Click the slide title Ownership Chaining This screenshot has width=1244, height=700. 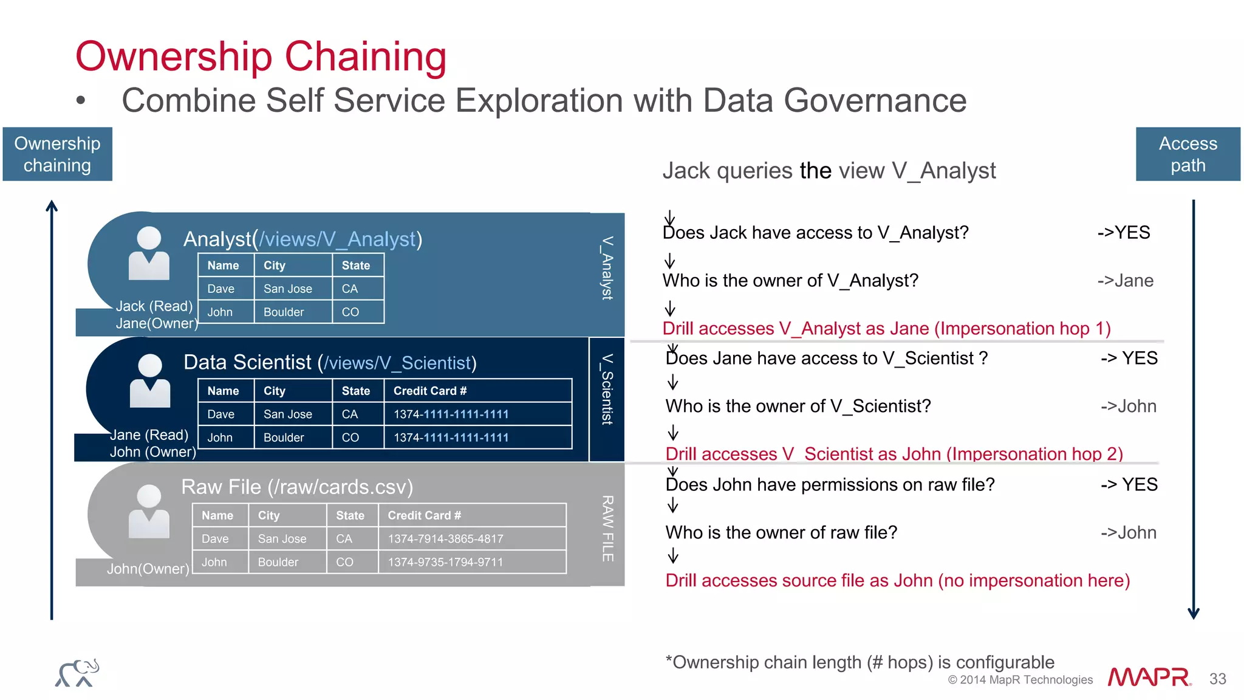point(261,57)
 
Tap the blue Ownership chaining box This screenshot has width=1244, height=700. point(57,154)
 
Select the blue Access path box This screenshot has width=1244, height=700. point(1188,154)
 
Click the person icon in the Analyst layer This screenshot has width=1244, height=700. point(149,253)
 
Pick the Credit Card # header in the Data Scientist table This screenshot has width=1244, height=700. point(429,391)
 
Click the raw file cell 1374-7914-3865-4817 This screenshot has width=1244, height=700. point(445,539)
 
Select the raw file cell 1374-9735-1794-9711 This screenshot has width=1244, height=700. point(445,562)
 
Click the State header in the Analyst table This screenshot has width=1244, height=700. point(355,266)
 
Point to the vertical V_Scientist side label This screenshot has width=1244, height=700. point(607,389)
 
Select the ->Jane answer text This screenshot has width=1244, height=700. point(1125,281)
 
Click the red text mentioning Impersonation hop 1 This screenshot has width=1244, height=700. point(886,329)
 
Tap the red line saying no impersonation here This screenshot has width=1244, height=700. point(897,581)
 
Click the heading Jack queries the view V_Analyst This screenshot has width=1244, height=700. point(829,171)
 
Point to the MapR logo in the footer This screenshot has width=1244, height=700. point(1148,677)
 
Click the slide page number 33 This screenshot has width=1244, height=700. point(1217,679)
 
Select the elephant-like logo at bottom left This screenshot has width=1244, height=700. point(77,673)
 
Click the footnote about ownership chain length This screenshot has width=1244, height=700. point(860,662)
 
